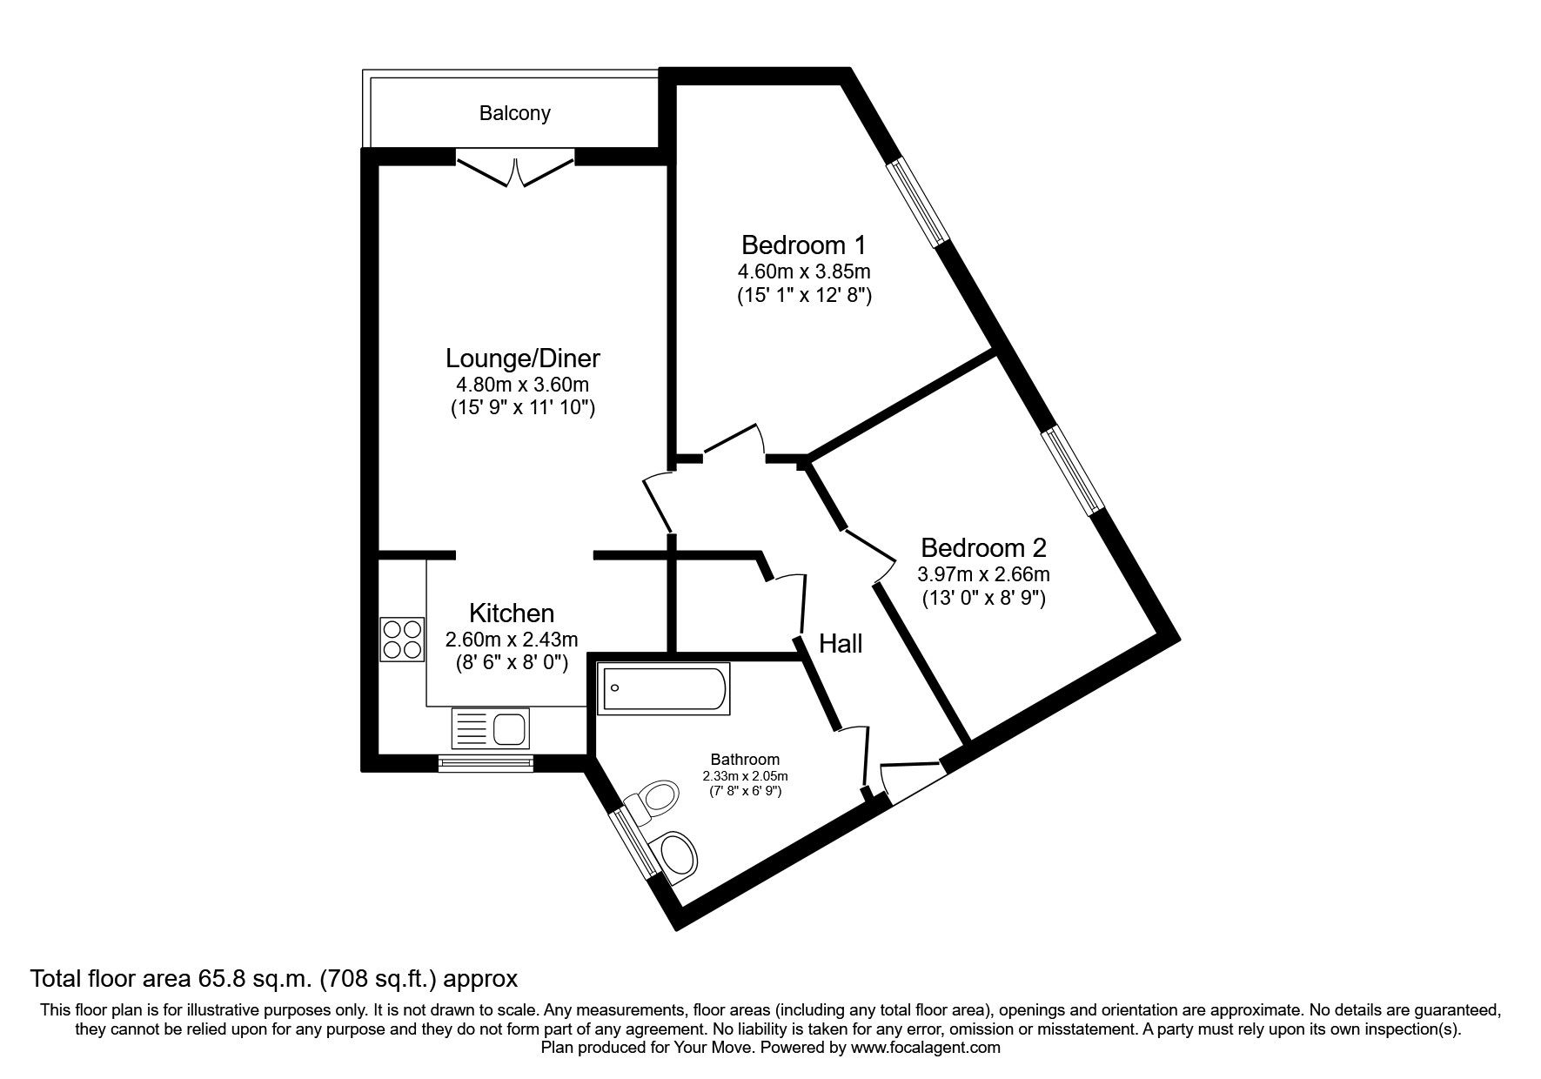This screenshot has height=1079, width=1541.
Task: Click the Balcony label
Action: (x=514, y=113)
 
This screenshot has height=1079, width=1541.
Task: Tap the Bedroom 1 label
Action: (x=804, y=245)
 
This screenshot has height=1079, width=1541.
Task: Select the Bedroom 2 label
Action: (x=983, y=548)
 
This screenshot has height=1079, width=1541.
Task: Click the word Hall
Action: (x=841, y=644)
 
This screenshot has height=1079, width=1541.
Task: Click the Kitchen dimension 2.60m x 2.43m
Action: (x=512, y=640)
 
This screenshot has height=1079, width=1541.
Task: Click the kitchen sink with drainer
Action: (x=490, y=727)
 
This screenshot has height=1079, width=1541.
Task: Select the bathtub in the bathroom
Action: (x=664, y=689)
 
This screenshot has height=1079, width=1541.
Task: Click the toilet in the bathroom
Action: (x=653, y=799)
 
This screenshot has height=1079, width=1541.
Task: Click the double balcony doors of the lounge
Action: (x=515, y=169)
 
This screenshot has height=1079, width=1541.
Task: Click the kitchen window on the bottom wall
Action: (x=486, y=764)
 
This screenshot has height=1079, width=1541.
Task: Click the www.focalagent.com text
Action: (x=926, y=1048)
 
